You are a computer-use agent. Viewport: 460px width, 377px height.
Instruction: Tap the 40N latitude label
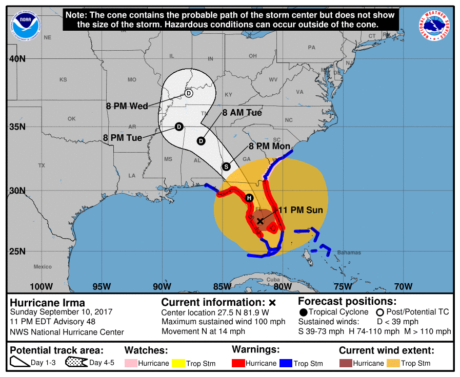point(17,59)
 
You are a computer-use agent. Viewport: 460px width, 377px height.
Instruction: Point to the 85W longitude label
point(222,286)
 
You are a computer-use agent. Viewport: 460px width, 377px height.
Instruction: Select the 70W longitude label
point(403,286)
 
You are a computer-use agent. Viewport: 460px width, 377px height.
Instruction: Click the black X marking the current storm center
point(260,221)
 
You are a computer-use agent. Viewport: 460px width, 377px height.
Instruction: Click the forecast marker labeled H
point(249,198)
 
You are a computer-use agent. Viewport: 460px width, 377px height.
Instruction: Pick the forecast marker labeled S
point(226,166)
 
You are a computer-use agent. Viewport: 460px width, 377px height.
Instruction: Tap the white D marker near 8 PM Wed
point(189,93)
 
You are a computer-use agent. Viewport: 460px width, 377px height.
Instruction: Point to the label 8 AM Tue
point(242,113)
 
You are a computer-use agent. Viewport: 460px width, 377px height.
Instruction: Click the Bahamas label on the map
point(349,253)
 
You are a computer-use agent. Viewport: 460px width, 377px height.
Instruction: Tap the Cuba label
point(273,280)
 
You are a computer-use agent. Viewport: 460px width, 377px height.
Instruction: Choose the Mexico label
point(43,267)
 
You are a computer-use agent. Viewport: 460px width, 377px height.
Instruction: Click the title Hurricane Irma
point(48,302)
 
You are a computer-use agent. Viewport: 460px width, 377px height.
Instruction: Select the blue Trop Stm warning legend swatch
point(285,363)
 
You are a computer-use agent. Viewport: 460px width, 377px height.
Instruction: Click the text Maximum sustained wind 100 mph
point(224,322)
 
